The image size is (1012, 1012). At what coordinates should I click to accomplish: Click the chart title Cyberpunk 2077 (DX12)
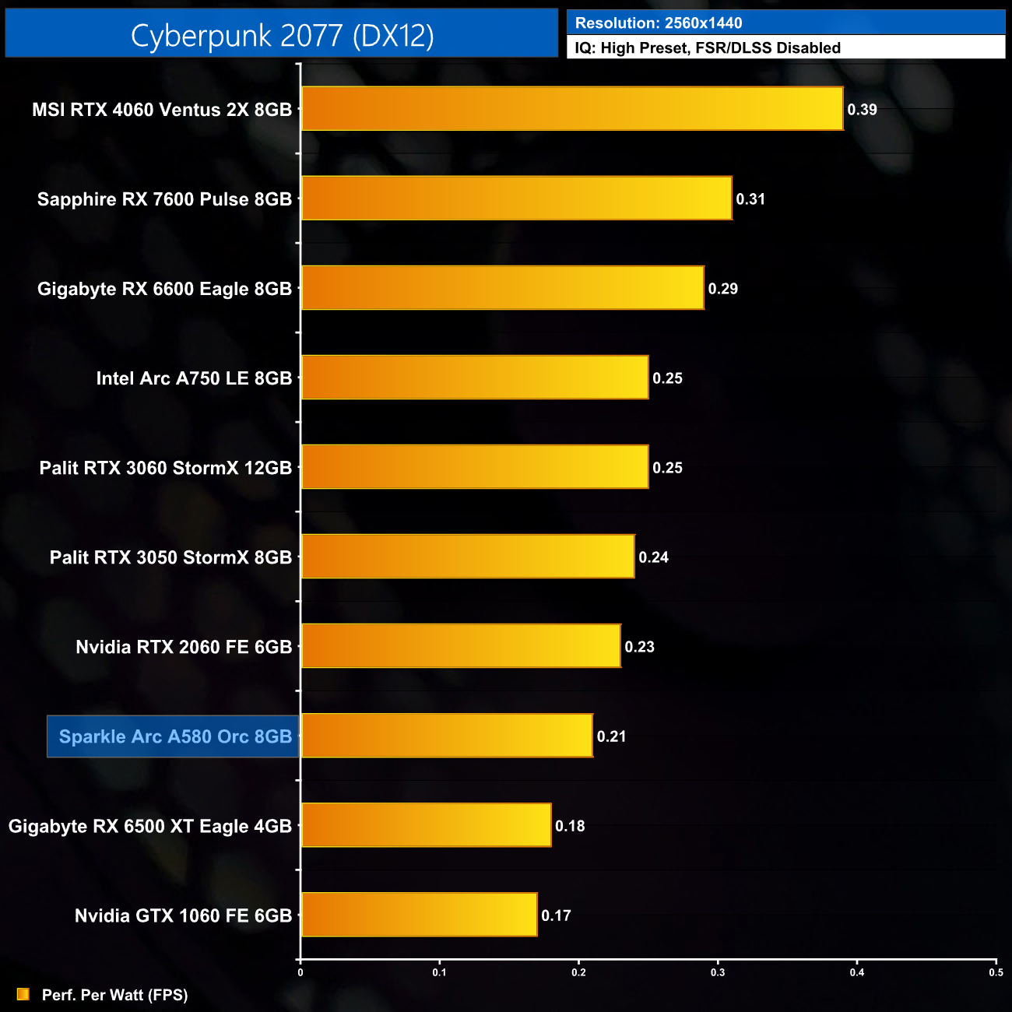point(282,35)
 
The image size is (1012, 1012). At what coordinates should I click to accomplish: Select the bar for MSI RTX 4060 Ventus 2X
point(572,109)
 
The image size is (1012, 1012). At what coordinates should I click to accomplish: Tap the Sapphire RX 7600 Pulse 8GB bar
point(516,199)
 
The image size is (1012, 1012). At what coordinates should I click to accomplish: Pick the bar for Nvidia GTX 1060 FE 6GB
point(419,915)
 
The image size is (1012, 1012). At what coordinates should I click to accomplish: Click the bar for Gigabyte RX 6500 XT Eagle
point(426,825)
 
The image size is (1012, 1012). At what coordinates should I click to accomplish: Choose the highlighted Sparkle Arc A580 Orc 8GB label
point(174,736)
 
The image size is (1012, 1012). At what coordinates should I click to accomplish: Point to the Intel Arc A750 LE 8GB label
point(194,378)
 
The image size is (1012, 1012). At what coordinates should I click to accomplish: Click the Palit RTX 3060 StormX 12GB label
point(166,468)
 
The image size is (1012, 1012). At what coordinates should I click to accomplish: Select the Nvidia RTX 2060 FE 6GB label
point(184,647)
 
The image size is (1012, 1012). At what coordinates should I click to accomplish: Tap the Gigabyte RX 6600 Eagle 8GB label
point(164,289)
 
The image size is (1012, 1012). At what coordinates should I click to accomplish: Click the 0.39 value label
point(862,110)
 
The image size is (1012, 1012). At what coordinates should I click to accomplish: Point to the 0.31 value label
point(750,199)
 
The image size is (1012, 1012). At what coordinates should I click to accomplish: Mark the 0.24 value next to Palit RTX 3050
point(653,557)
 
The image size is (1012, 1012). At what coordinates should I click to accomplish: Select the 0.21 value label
point(611,736)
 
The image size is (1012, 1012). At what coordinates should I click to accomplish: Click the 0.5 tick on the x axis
point(996,972)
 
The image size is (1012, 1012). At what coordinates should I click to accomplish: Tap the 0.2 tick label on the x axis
point(578,972)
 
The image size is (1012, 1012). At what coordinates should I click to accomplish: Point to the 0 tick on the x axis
point(300,972)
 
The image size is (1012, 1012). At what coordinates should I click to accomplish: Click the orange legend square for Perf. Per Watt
point(23,994)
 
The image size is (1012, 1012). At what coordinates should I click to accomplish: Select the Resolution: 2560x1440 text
point(659,23)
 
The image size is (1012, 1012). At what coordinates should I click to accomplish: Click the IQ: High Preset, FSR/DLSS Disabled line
point(708,48)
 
